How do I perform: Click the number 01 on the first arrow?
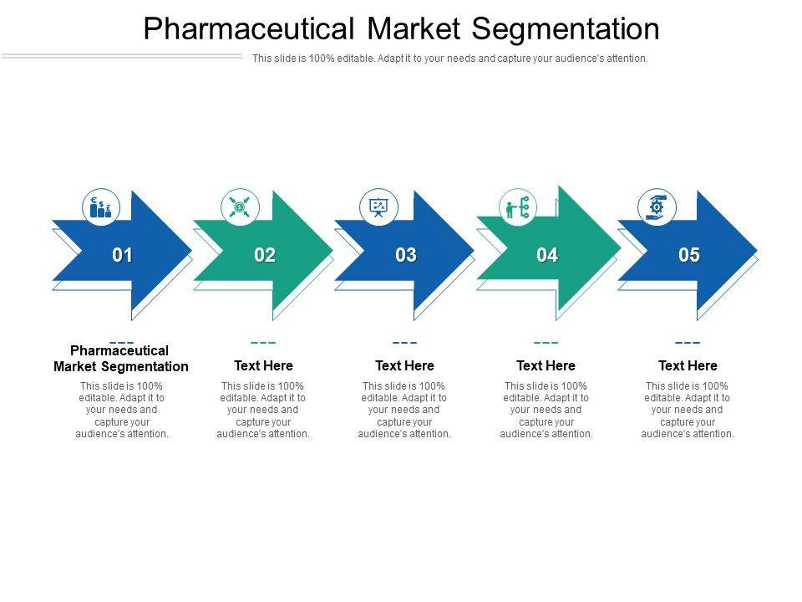pos(123,255)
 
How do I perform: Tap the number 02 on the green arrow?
pos(265,255)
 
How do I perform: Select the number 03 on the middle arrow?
pos(406,255)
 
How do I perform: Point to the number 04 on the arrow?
pos(547,255)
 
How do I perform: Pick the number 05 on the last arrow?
pos(689,255)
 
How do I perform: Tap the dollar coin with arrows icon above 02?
pos(240,207)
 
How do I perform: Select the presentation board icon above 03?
pos(378,207)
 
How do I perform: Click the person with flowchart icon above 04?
pos(518,207)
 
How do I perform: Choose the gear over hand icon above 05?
pos(657,207)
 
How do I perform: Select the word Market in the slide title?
pos(412,29)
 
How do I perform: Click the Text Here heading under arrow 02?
pos(263,365)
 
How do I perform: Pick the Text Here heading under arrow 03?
pos(404,365)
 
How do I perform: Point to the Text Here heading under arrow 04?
pos(546,365)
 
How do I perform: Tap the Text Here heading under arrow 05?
pos(688,365)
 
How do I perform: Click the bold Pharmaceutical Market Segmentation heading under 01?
pos(121,358)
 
